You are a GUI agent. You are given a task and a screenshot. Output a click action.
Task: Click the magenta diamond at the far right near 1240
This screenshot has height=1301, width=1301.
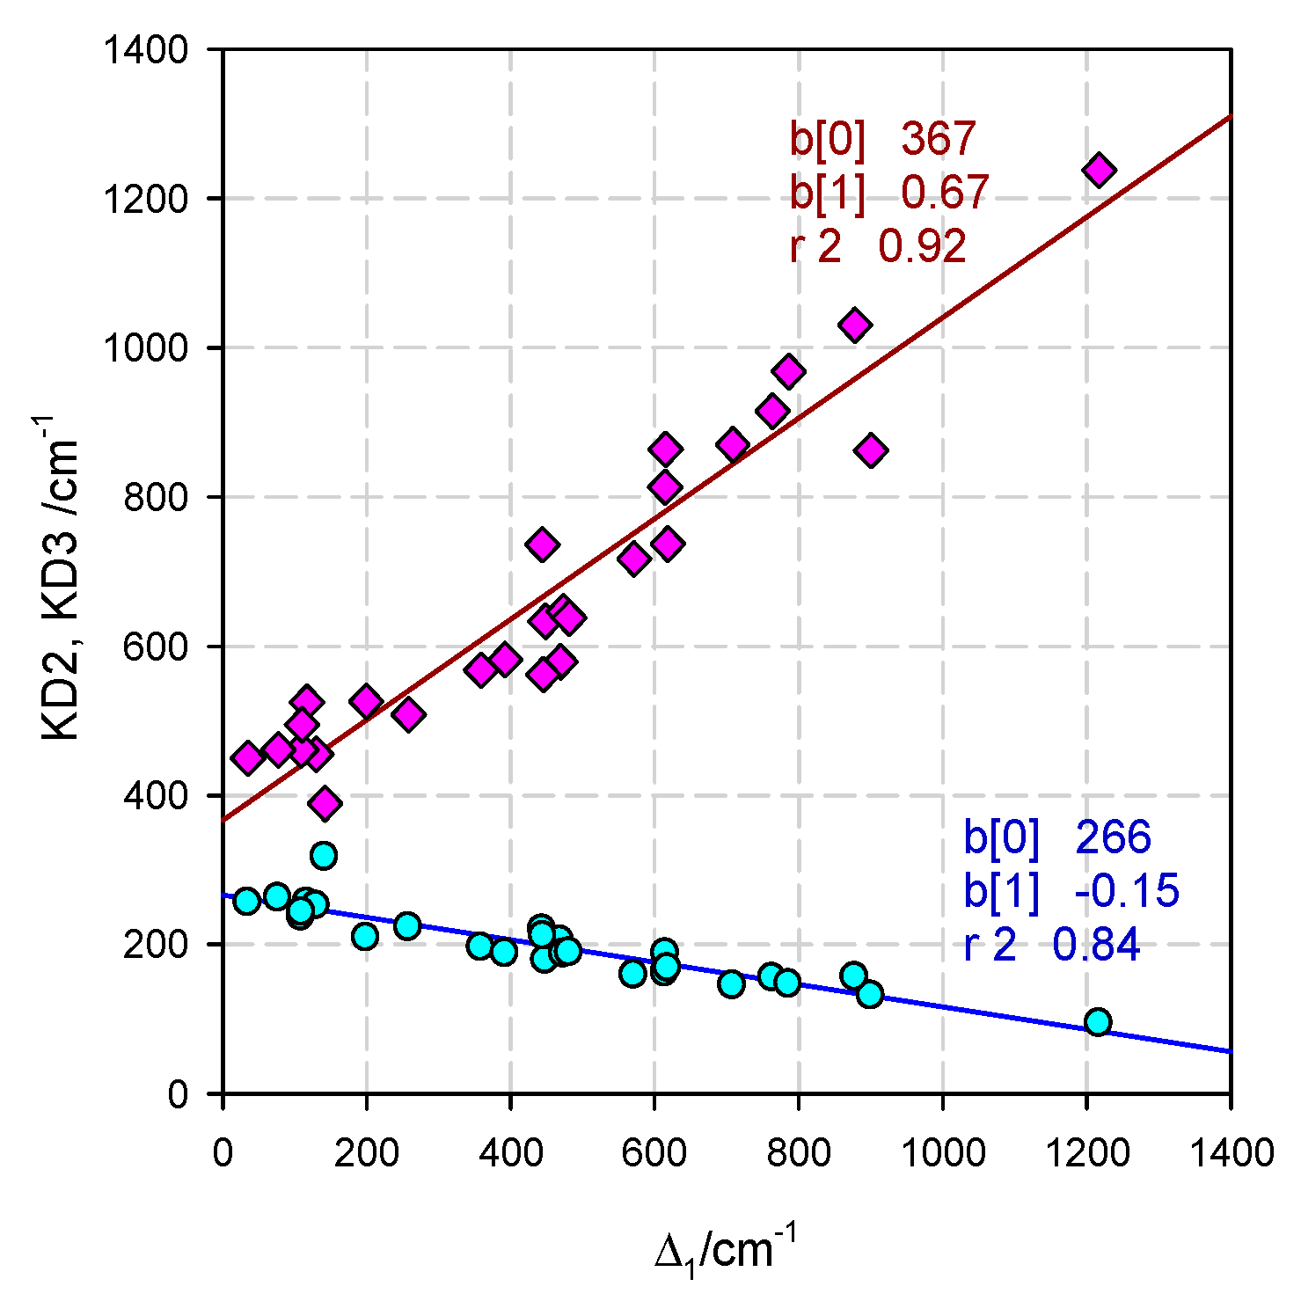point(1099,170)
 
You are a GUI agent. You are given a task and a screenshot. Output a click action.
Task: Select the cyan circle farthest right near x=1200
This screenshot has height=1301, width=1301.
point(1097,1021)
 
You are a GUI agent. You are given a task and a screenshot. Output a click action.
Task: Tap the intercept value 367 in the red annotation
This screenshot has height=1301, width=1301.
point(938,139)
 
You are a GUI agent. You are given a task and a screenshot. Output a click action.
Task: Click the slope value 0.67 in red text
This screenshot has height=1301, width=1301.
point(945,193)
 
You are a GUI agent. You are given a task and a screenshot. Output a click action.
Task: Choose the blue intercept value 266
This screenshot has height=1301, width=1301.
point(1113,837)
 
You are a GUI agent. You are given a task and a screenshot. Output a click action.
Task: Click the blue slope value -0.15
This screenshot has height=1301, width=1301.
point(1126,891)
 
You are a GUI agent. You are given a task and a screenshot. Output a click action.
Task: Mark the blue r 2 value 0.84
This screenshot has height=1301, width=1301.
point(1096,946)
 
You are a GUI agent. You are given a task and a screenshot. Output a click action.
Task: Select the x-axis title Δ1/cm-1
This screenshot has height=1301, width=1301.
point(727,1250)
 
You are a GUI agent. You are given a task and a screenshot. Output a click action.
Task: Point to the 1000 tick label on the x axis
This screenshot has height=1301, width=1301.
point(942,1151)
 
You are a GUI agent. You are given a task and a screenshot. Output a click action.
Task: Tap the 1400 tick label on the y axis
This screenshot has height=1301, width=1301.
point(146,50)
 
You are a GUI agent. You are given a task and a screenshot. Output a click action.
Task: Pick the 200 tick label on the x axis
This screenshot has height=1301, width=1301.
point(366,1151)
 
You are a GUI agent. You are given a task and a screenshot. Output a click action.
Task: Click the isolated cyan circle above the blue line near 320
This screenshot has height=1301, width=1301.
point(324,855)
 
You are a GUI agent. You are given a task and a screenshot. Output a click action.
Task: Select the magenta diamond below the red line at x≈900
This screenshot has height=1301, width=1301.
point(871,450)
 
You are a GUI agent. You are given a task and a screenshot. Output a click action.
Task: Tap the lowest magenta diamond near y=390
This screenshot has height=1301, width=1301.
point(325,803)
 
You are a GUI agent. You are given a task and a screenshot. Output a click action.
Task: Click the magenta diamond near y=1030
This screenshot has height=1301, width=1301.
point(854,325)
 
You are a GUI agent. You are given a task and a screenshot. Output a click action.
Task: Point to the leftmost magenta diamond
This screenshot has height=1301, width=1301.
point(248,757)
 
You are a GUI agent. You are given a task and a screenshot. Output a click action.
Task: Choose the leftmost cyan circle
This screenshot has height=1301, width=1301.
point(247,901)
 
